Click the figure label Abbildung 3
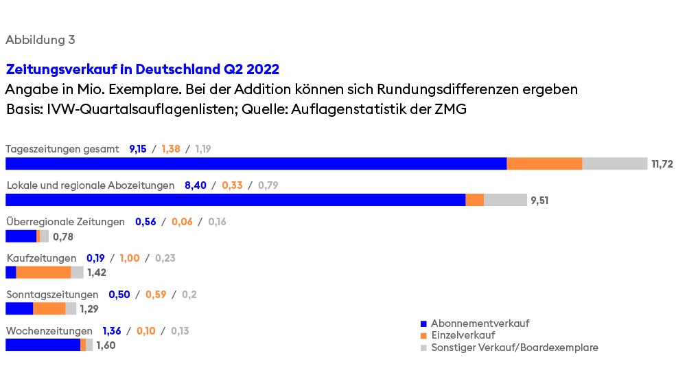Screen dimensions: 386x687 click(x=40, y=40)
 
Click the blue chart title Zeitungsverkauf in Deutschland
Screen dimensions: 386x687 click(x=142, y=70)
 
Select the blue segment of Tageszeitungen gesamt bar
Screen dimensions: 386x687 click(x=255, y=163)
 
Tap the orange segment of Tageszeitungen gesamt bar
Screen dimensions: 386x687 click(x=544, y=163)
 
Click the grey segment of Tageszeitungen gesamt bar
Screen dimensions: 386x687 click(x=614, y=163)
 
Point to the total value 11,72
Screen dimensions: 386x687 click(x=663, y=164)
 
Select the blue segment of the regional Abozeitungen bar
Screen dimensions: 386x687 click(x=235, y=200)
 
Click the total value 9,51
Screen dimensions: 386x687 click(x=540, y=201)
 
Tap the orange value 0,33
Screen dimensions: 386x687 click(x=232, y=185)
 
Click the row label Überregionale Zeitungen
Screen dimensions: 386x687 click(x=65, y=222)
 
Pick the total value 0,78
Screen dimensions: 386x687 click(x=62, y=237)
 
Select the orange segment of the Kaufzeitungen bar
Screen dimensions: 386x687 click(x=43, y=273)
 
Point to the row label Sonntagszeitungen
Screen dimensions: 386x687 click(x=52, y=295)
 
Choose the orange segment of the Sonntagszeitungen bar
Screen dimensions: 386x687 click(x=49, y=309)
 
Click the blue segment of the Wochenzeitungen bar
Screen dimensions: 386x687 click(x=43, y=345)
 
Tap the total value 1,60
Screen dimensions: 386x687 click(x=106, y=345)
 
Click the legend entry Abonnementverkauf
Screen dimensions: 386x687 click(x=480, y=323)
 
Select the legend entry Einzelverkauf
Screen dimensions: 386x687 click(x=463, y=335)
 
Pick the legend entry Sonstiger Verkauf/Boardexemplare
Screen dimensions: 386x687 click(x=514, y=348)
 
